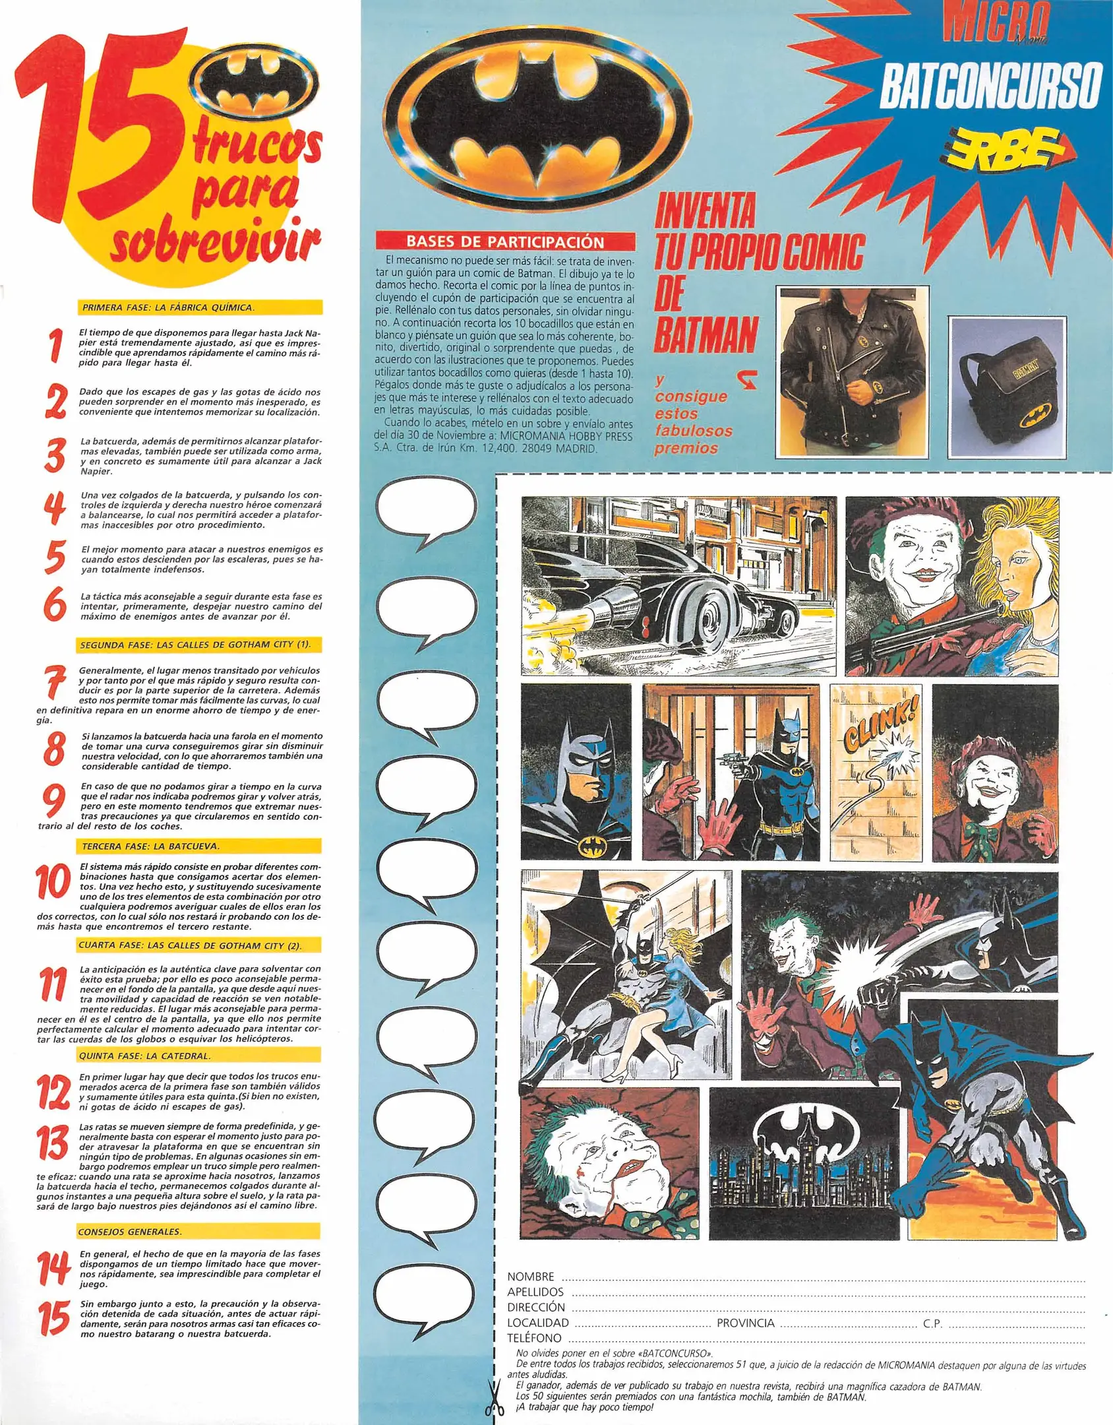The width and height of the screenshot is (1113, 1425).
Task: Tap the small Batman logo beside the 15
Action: coord(258,82)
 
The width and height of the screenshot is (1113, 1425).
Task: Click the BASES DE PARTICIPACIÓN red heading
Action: coord(504,241)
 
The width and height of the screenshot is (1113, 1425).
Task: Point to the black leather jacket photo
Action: coord(853,373)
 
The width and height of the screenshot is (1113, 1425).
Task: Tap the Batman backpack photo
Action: coord(1007,384)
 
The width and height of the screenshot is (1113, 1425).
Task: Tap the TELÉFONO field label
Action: coord(534,1338)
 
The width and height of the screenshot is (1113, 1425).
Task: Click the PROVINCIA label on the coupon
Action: coord(745,1323)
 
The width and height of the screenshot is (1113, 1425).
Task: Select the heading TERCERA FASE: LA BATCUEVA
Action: coord(151,846)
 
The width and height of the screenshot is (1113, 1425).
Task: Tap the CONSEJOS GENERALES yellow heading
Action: coord(130,1232)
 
